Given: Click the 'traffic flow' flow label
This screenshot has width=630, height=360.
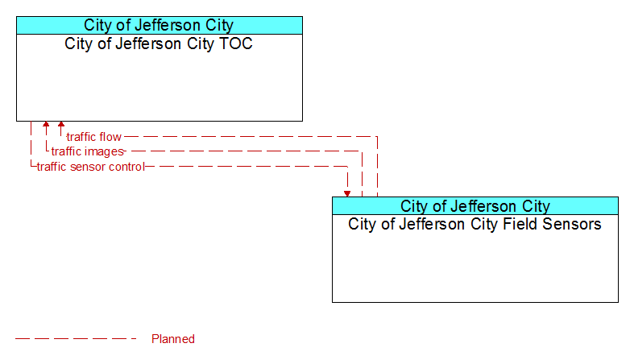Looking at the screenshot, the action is [94, 137].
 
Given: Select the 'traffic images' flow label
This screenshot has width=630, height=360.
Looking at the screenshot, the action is [88, 151].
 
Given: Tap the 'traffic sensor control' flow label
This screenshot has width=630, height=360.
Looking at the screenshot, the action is [91, 167].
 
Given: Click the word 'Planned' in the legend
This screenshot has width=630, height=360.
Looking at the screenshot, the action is [173, 339].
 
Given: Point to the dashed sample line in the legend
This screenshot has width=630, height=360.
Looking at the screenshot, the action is [76, 339].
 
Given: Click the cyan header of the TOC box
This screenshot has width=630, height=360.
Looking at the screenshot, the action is [160, 25].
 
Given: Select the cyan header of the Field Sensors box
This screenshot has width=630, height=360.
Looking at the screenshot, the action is [475, 206].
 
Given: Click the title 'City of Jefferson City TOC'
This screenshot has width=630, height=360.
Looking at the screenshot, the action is [158, 43].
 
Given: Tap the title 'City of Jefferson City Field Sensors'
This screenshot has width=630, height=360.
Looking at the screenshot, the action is [475, 224].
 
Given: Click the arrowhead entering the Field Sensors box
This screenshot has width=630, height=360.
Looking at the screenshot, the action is [347, 193].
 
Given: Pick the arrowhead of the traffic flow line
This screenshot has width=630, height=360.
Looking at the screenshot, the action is [61, 125].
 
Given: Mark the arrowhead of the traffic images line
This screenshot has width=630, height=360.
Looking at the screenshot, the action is [46, 125].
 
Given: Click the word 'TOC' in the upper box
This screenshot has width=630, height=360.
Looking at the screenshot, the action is [236, 43].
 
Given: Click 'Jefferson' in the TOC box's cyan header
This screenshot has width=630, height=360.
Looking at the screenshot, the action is [168, 25].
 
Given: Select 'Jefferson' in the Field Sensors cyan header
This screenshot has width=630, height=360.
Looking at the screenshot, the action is [485, 206].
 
